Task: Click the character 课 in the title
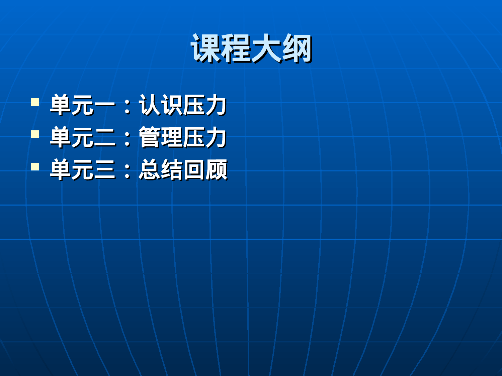click(205, 48)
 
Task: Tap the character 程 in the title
click(236, 48)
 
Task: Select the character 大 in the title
click(266, 48)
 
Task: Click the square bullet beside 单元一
click(35, 102)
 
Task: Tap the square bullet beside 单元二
click(35, 134)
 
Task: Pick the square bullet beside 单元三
click(35, 166)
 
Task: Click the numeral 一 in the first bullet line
click(105, 106)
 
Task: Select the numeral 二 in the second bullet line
click(105, 138)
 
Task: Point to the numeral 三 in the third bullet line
click(105, 170)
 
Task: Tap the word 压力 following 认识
click(205, 105)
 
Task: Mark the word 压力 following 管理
click(205, 137)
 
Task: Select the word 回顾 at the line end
click(205, 170)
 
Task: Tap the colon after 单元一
click(127, 107)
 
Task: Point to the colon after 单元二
click(127, 139)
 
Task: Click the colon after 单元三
click(127, 171)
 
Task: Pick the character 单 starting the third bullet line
click(61, 170)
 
